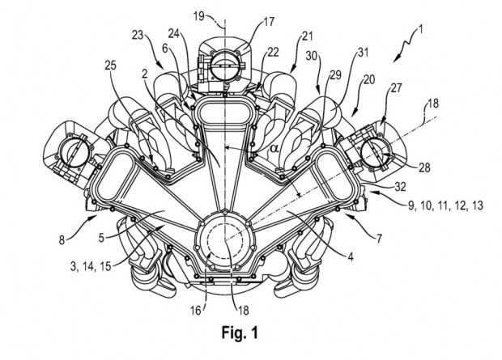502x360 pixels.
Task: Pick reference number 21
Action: click(x=307, y=35)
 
